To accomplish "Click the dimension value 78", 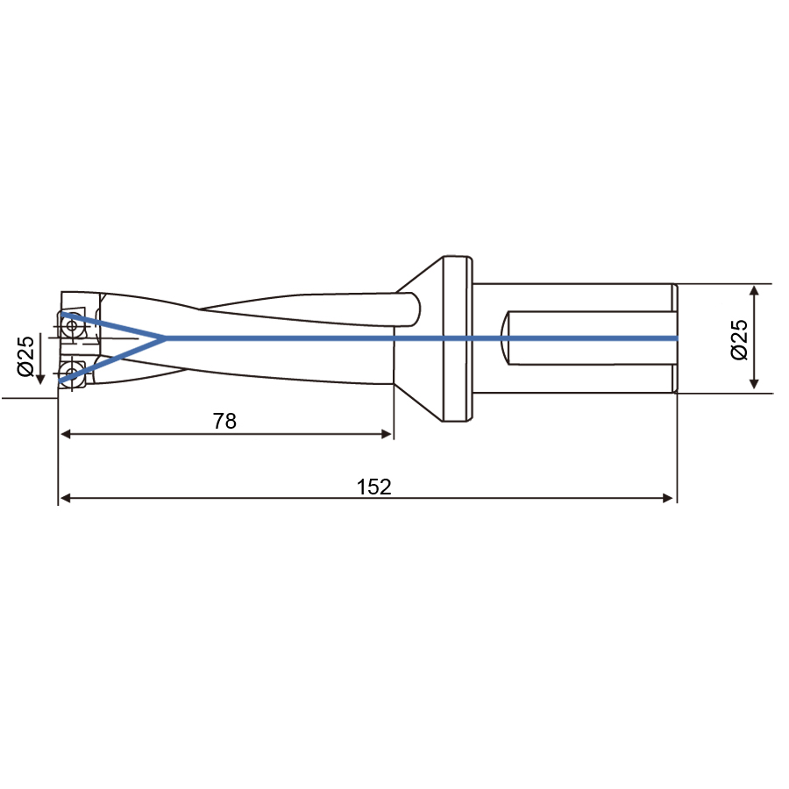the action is click(x=224, y=421).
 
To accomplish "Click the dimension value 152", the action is click(x=373, y=487).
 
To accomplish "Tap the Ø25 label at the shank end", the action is click(x=739, y=339).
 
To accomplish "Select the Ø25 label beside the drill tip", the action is click(x=25, y=356).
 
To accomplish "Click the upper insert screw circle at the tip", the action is click(x=72, y=325).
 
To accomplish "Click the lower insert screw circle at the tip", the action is click(x=72, y=373).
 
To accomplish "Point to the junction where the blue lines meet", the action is click(x=165, y=338).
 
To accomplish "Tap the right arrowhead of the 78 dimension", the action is click(x=387, y=434).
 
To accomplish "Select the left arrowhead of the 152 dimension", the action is click(x=65, y=498).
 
